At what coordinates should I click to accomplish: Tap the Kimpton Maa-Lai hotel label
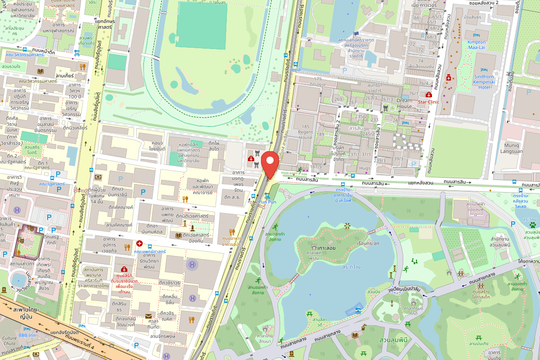(x=477, y=45)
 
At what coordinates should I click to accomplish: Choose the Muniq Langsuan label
(x=512, y=148)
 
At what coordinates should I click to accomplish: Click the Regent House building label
(x=306, y=135)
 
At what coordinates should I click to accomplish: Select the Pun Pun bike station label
(x=267, y=202)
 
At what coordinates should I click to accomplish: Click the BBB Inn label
(x=27, y=335)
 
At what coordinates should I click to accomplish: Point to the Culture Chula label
(x=9, y=341)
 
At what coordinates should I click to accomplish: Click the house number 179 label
(x=318, y=79)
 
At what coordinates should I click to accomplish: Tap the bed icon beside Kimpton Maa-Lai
(x=477, y=35)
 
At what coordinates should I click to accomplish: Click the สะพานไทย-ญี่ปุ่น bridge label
(x=26, y=313)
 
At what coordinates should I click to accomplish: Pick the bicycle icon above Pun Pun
(x=267, y=195)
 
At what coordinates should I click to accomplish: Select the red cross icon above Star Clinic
(x=428, y=94)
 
